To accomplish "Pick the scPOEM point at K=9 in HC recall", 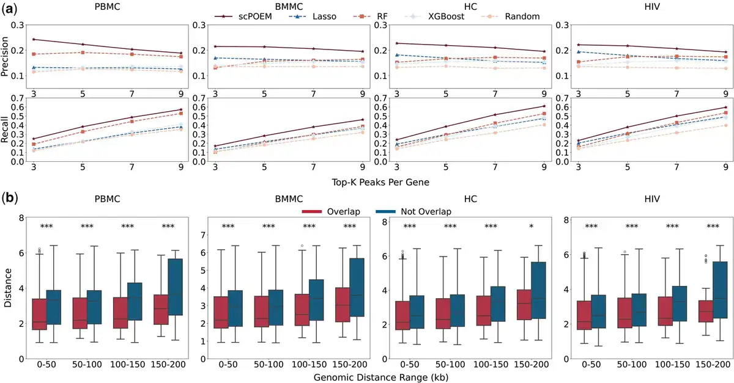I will (x=544, y=106).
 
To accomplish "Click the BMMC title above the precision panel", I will (x=289, y=6).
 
